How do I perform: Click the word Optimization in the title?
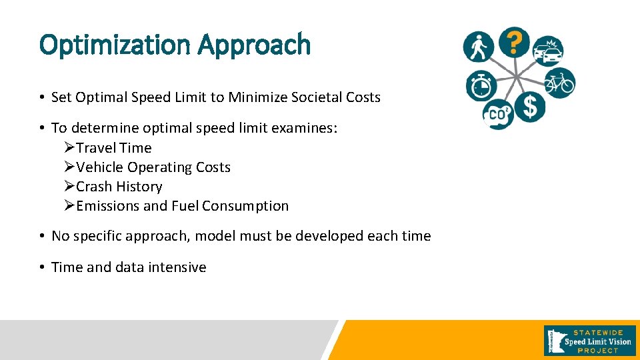(114, 45)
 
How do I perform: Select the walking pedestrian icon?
(479, 47)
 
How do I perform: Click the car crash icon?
(548, 51)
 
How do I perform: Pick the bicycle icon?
(559, 83)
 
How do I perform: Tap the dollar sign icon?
(530, 107)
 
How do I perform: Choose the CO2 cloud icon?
(497, 114)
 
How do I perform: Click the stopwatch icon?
(480, 85)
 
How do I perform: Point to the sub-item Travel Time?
(113, 148)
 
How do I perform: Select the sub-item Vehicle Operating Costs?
(153, 167)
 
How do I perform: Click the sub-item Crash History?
(119, 187)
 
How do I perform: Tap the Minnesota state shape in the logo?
(553, 340)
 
